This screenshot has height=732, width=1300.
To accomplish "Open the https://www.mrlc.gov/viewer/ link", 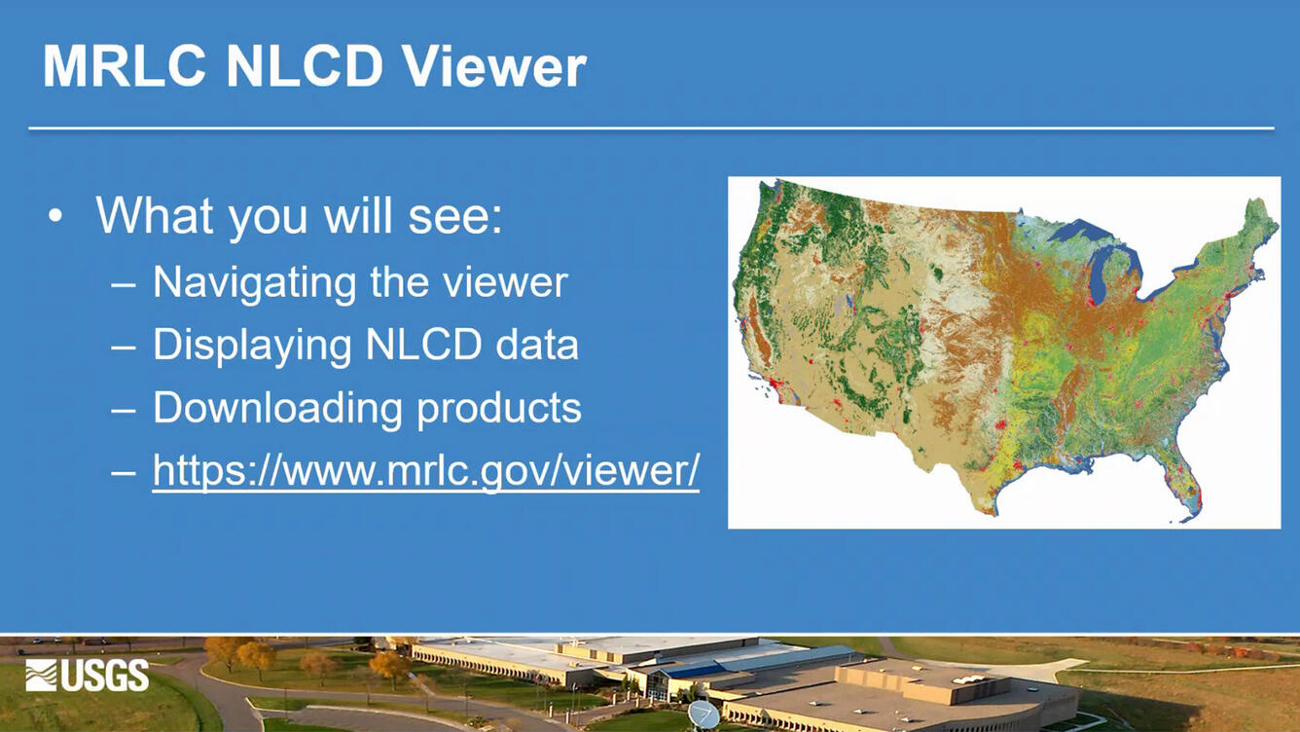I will (x=425, y=471).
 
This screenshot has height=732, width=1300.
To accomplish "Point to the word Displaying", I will (x=251, y=346).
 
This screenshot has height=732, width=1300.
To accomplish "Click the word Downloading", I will (x=277, y=408).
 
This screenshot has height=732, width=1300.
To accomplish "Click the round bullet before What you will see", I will (x=55, y=215).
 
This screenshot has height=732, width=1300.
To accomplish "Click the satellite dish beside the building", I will (x=703, y=715).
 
